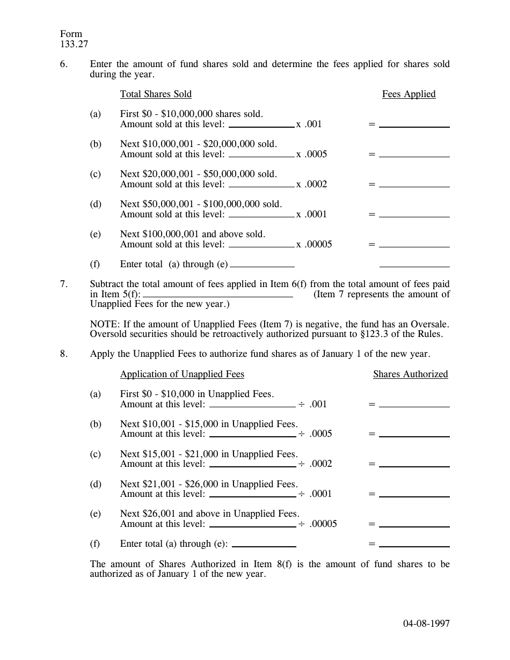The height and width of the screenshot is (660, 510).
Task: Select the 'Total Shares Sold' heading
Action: pos(156,94)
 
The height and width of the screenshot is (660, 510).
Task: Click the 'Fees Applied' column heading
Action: pos(409,94)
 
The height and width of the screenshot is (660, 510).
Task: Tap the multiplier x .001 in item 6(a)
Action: pos(309,124)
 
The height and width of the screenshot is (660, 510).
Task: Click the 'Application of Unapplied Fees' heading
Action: pos(182,375)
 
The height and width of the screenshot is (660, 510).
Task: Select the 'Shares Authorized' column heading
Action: pos(410,375)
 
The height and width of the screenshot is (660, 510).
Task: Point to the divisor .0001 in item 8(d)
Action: pos(320,494)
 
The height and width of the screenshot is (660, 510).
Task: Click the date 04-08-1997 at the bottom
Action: pos(426,624)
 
